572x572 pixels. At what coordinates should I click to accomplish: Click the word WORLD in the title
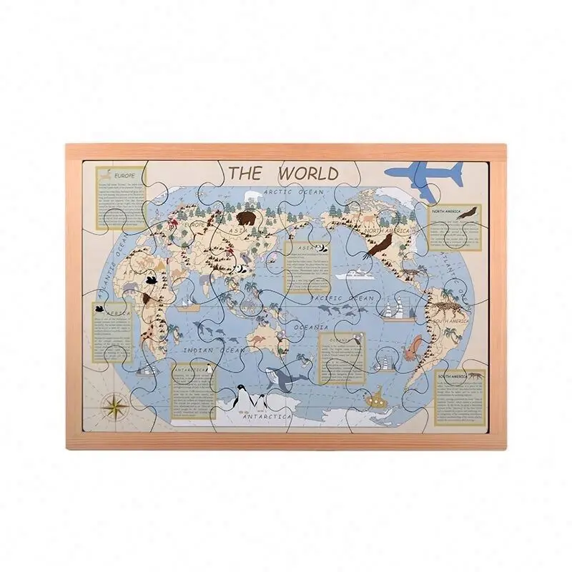click(x=308, y=174)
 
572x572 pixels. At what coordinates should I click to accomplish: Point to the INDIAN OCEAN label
click(x=208, y=351)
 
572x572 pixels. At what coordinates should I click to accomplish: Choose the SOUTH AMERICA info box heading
click(x=457, y=375)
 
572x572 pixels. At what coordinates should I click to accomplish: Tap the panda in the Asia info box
click(x=322, y=248)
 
